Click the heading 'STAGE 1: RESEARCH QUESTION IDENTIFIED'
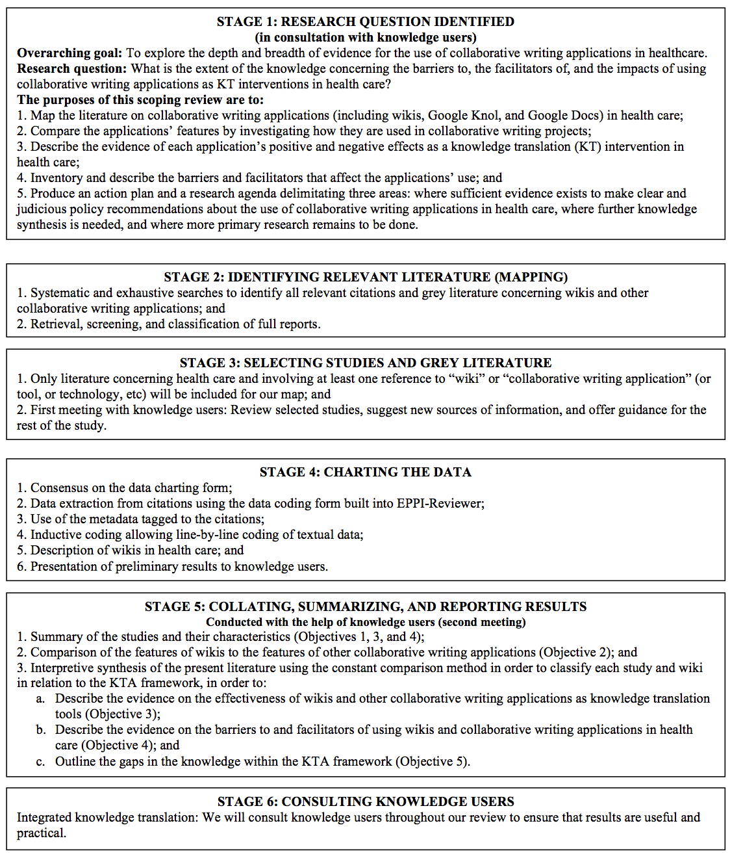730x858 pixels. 365,21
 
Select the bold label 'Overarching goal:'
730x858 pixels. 69,53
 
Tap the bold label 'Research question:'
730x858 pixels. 71,68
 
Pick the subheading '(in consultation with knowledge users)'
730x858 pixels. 365,37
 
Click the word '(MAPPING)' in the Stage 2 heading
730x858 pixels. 531,277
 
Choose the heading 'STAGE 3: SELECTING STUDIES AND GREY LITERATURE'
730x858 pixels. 365,363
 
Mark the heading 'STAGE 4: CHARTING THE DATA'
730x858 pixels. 365,472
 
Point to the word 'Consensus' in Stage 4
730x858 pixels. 58,487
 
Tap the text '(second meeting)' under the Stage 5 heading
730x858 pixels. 481,622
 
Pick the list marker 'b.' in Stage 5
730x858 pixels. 41,730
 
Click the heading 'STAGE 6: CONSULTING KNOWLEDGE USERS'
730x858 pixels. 365,801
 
